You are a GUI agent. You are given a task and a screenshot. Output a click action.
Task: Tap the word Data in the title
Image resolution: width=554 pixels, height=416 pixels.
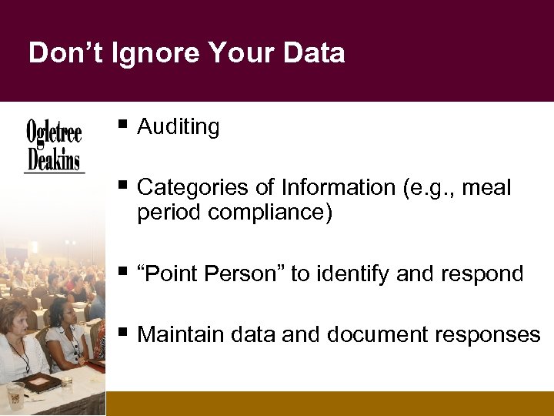[x=312, y=53]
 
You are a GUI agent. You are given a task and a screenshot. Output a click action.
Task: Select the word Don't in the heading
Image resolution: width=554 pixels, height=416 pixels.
[x=62, y=53]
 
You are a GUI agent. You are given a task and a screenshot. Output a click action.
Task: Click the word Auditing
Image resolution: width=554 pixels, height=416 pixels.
[x=179, y=127]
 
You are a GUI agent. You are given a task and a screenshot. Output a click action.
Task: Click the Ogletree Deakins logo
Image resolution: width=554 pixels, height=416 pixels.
[x=54, y=146]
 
